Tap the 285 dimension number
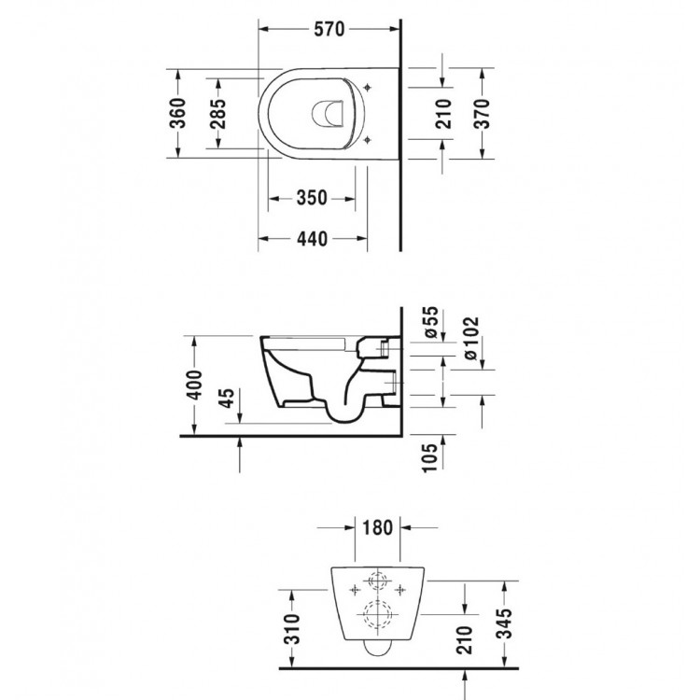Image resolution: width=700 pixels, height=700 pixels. (x=217, y=113)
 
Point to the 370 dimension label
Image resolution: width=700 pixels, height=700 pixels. (x=482, y=113)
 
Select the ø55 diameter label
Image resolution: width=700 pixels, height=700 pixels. (x=431, y=321)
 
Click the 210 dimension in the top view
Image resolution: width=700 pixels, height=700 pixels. (x=442, y=113)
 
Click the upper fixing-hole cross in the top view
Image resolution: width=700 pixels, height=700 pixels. (x=370, y=89)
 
